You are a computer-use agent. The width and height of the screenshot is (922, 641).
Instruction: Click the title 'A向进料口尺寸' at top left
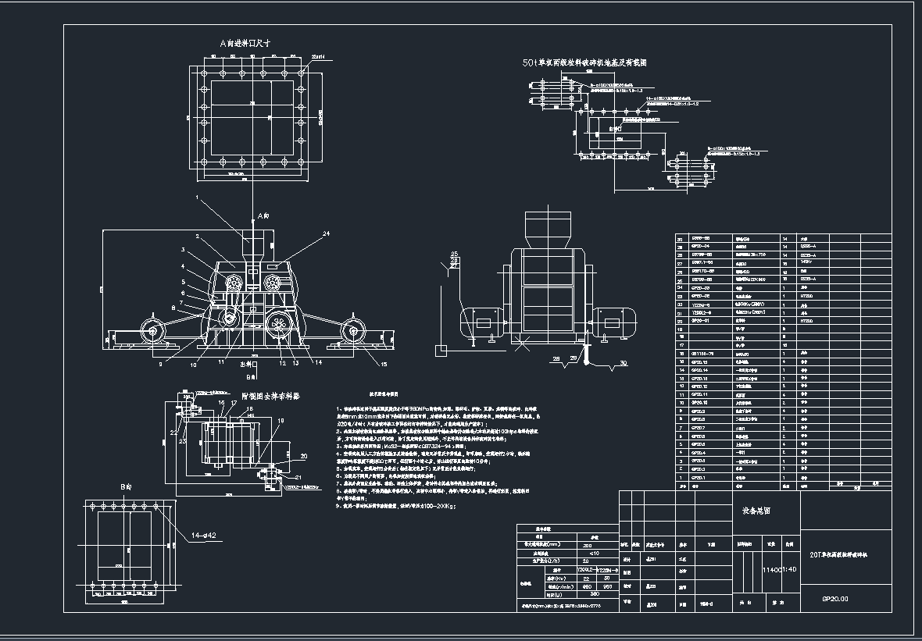245,45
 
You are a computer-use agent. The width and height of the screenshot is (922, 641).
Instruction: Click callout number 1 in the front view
197,198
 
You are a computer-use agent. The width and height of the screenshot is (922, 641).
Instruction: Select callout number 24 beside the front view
326,233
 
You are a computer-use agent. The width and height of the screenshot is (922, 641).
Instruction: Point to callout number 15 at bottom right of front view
384,364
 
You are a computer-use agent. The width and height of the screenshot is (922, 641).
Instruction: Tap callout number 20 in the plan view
304,455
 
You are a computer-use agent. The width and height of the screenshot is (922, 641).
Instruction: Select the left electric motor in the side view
481,321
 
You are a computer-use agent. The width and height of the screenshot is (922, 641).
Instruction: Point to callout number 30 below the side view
623,364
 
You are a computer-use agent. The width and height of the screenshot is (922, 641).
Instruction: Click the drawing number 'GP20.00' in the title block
834,600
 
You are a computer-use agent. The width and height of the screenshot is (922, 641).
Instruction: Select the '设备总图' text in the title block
756,511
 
